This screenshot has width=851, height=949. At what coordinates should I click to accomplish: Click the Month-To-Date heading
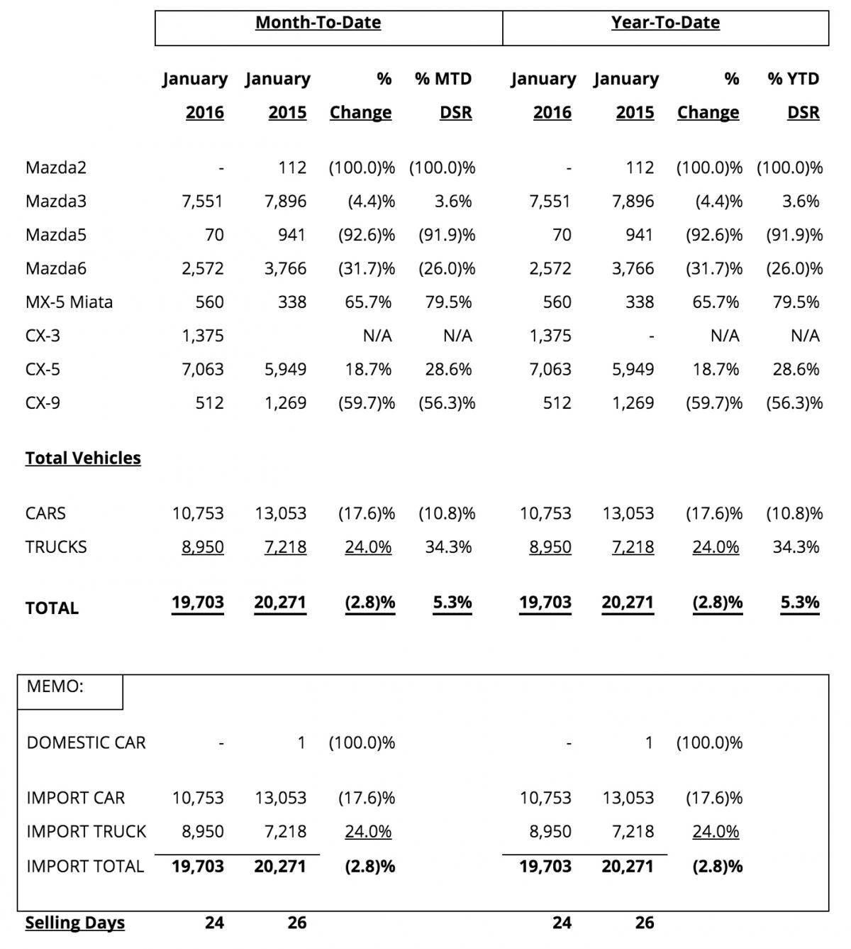click(x=318, y=23)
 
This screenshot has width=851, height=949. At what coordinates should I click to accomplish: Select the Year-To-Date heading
click(x=665, y=23)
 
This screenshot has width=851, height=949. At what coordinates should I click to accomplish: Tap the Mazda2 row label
click(x=56, y=168)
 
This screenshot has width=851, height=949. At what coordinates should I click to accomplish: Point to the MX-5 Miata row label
click(x=69, y=302)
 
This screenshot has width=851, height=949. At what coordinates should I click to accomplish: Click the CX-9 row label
click(x=43, y=402)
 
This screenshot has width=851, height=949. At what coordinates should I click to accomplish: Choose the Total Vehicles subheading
click(x=83, y=458)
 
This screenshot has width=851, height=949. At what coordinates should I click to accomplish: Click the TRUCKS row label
click(x=56, y=547)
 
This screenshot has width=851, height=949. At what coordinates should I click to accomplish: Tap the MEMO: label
click(x=55, y=686)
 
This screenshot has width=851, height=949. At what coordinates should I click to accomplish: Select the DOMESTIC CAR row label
click(x=86, y=742)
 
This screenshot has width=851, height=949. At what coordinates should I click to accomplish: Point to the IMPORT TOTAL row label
click(x=85, y=866)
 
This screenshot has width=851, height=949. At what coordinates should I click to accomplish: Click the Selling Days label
click(x=75, y=923)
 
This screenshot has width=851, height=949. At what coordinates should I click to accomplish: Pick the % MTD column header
click(x=443, y=79)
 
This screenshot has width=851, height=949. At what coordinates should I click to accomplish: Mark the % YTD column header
click(x=793, y=79)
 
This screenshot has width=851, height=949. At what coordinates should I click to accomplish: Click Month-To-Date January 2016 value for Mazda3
click(x=203, y=201)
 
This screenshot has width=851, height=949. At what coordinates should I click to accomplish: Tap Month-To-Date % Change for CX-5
click(x=368, y=369)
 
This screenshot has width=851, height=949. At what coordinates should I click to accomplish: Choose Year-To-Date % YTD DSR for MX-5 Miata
click(x=796, y=302)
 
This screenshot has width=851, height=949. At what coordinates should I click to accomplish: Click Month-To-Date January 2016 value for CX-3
click(x=203, y=335)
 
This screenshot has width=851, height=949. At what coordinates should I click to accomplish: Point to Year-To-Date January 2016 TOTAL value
click(x=545, y=603)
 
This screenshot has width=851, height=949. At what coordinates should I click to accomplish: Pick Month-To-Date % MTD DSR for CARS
click(x=447, y=513)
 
